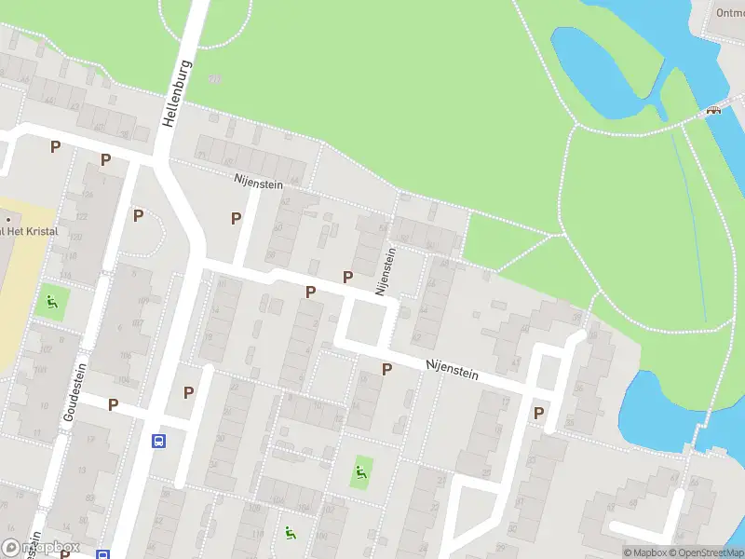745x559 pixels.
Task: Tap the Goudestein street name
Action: (73, 394)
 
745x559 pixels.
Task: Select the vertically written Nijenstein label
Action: (386, 271)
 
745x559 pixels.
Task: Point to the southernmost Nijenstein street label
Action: (452, 371)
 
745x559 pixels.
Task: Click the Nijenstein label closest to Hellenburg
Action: (258, 184)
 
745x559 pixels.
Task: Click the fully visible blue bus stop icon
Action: (159, 441)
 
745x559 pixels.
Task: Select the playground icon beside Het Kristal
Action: (51, 302)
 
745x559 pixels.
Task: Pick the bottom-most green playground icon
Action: (291, 534)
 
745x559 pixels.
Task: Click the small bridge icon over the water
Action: (714, 110)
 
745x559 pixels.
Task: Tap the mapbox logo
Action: (41, 547)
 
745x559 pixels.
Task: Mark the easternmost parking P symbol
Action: (538, 413)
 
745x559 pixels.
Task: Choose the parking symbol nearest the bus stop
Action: (189, 392)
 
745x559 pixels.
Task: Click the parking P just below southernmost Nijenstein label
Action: (386, 370)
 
